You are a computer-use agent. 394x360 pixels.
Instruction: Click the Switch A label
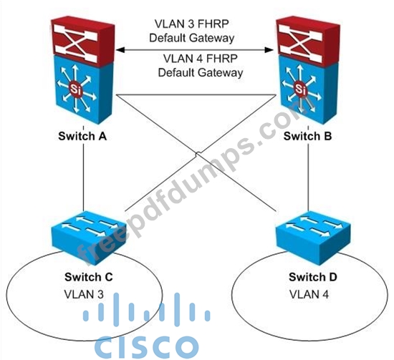point(82,136)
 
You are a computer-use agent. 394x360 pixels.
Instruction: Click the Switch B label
point(307,136)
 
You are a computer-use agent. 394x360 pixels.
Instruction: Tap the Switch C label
point(88,277)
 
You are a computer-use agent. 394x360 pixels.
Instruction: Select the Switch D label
point(313,277)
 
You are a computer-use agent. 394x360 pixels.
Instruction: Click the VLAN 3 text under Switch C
point(84,294)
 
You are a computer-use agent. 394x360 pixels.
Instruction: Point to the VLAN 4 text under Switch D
point(309,294)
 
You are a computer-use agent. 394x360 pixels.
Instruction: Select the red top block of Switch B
point(308,42)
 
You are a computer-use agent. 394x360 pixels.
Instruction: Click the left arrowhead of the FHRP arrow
point(120,50)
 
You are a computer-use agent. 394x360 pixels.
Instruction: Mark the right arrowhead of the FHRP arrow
point(270,50)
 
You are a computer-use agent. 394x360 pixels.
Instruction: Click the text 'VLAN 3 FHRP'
point(191,24)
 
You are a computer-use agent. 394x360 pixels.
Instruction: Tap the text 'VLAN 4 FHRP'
point(201,58)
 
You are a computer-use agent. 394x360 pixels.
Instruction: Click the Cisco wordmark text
point(146,346)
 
